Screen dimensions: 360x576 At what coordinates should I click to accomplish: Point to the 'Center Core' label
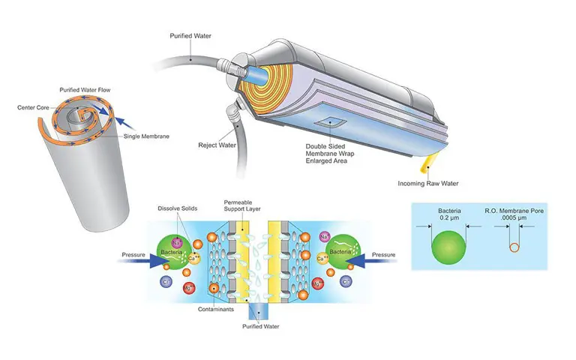[34, 107]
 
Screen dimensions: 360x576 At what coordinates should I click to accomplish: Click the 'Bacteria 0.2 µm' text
[449, 215]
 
